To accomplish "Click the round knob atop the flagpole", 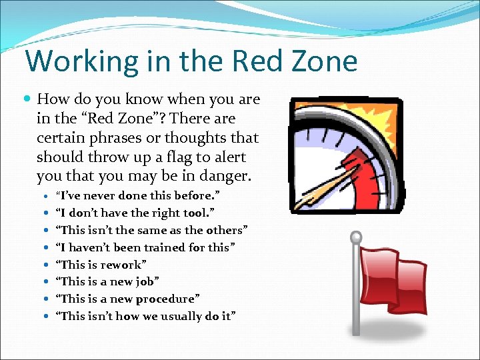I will point(356,237).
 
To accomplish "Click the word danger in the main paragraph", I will point(220,177).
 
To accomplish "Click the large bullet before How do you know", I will point(27,99).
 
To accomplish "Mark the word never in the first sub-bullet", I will point(99,195).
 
